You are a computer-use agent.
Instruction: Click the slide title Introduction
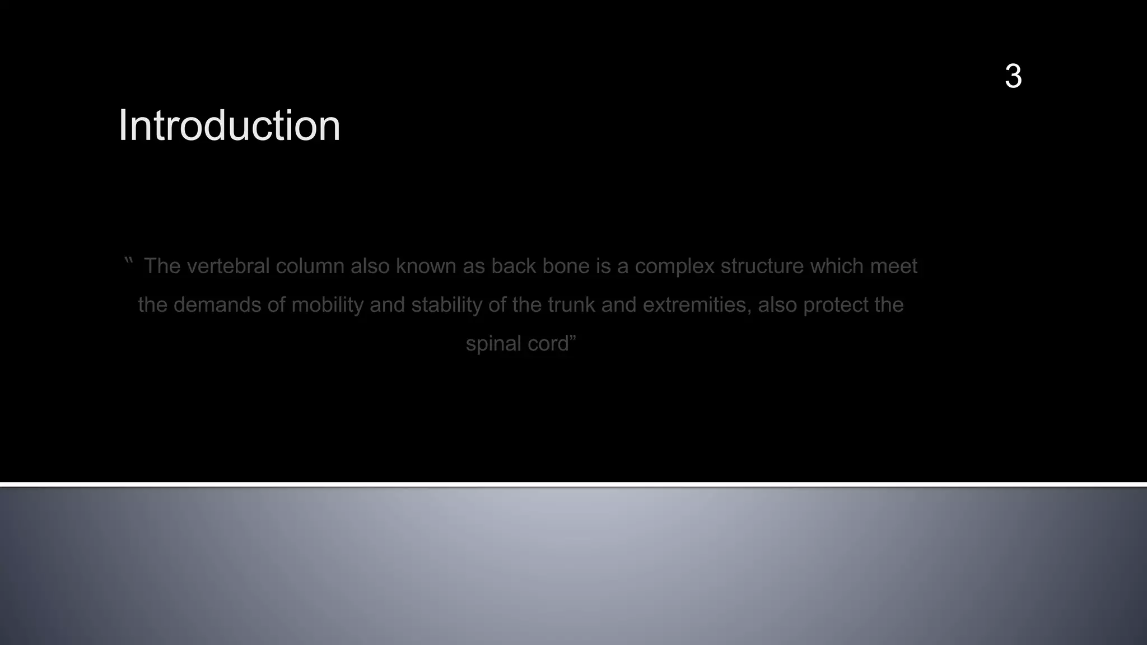tap(229, 125)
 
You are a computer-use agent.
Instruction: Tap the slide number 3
tap(1013, 76)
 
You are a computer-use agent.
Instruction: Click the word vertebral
tap(228, 266)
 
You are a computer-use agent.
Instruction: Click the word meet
tap(893, 266)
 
